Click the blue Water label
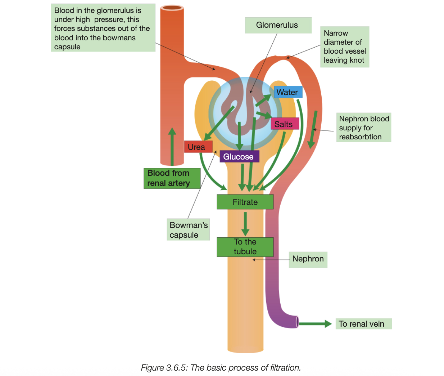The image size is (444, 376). [288, 92]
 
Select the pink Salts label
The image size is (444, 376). [284, 124]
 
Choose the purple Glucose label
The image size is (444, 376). [239, 157]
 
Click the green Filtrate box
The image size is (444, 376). [245, 202]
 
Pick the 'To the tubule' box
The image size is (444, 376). [245, 247]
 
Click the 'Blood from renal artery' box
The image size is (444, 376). [172, 178]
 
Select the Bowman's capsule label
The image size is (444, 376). [188, 230]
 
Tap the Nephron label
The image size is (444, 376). [308, 259]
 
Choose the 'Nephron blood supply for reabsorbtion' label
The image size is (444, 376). [363, 128]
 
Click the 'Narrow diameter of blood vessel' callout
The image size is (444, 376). [344, 47]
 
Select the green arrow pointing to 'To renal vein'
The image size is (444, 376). [315, 324]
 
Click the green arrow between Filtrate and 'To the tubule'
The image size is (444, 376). [245, 223]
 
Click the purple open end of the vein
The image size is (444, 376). [297, 322]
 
